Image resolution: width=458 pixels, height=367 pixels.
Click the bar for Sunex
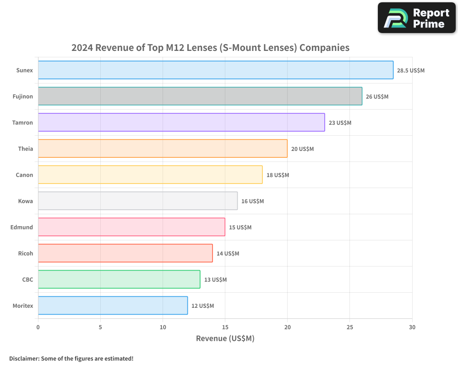(215, 70)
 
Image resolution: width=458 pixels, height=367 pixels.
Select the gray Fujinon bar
(200, 96)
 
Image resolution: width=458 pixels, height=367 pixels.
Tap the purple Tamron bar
(181, 122)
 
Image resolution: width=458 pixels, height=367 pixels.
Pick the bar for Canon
(150, 175)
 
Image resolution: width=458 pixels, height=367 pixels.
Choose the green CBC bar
(119, 279)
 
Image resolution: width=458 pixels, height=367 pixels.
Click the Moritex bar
(113, 306)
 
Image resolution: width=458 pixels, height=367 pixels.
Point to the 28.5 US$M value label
(411, 71)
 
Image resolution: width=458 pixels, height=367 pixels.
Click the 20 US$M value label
(302, 149)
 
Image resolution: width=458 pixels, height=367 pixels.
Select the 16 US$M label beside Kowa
(252, 201)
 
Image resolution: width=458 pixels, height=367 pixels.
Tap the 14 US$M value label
(228, 254)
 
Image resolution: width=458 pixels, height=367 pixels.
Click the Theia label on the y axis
(26, 149)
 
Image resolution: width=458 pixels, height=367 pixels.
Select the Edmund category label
(22, 228)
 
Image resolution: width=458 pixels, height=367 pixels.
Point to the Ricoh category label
(25, 254)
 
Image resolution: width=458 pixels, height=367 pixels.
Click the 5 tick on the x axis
(100, 327)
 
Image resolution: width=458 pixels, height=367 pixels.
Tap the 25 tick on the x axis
(350, 327)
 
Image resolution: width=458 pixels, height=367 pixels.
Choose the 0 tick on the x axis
(38, 327)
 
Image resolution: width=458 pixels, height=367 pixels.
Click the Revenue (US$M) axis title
(225, 339)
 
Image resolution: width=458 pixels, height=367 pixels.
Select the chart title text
(210, 48)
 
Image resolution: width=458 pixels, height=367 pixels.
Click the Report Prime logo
(417, 18)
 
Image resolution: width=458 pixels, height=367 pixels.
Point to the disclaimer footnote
(71, 358)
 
